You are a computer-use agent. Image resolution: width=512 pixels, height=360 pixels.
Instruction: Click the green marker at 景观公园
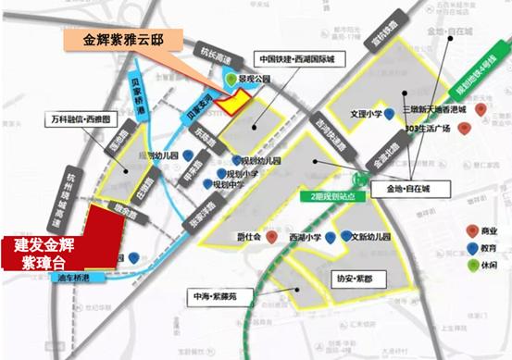(244, 82)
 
